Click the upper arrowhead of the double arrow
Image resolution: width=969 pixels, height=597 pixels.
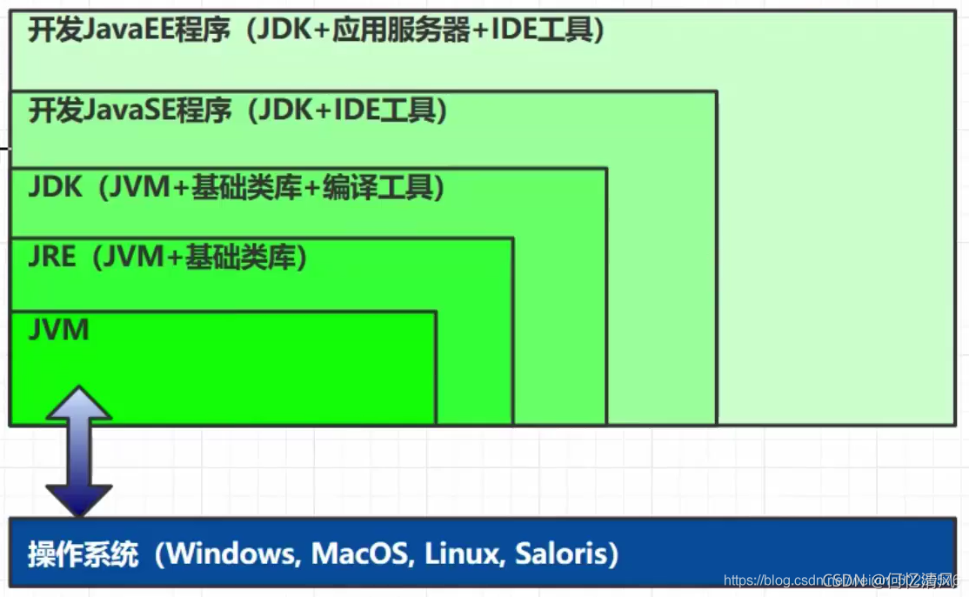(79, 403)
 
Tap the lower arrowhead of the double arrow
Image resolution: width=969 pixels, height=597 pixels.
(79, 500)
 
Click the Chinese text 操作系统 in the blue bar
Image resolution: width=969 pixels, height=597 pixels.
(83, 554)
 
